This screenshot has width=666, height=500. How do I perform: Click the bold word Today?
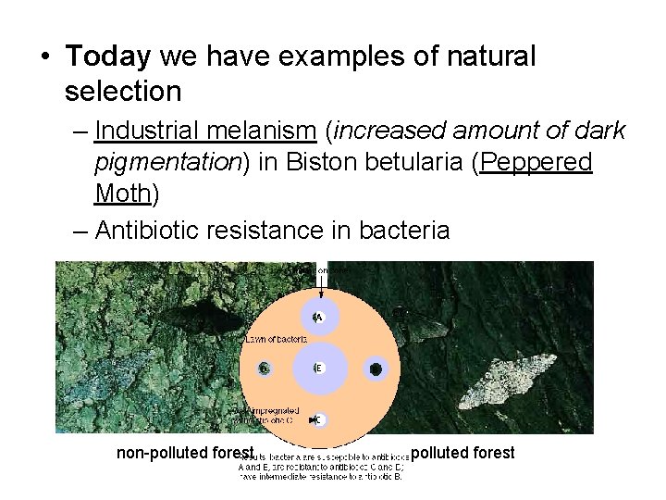coord(108,57)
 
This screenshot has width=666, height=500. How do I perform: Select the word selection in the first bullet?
coord(123,91)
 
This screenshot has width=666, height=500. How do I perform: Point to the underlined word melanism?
coord(245,132)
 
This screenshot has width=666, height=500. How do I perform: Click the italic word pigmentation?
coord(167,164)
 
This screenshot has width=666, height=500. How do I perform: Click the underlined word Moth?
coord(122,194)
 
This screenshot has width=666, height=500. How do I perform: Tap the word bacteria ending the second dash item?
coord(407,230)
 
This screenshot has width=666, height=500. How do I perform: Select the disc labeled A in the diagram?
coord(317,318)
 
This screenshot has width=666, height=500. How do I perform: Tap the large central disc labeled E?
coord(317,368)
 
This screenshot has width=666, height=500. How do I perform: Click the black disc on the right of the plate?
coord(376,369)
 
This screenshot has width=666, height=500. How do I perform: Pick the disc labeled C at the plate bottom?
coord(317,419)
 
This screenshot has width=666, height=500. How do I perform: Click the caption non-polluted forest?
coord(185,453)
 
